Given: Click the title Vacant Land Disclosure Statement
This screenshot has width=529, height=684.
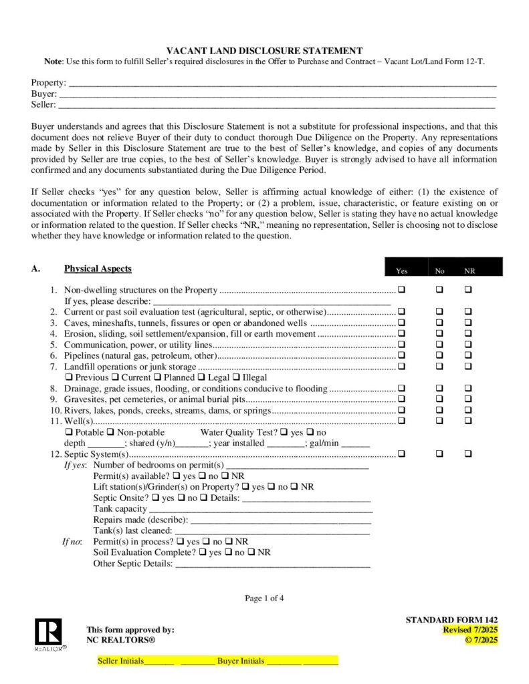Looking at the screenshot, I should point(264,51).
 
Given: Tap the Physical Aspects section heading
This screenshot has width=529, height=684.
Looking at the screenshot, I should point(98,269).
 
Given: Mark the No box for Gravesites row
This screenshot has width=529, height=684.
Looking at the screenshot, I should point(440,399).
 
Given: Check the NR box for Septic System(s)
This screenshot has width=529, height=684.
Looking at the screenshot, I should point(468,454).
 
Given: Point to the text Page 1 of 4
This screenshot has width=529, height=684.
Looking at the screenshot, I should point(264,598).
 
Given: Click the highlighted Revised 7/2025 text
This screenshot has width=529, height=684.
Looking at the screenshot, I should point(470,630).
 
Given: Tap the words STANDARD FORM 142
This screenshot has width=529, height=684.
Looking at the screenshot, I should point(451,620).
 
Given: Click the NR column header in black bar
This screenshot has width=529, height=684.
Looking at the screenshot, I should point(469,271).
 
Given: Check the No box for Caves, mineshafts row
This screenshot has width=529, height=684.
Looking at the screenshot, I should point(440,323).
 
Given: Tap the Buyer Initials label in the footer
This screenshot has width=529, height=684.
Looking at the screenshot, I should point(241,661).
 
